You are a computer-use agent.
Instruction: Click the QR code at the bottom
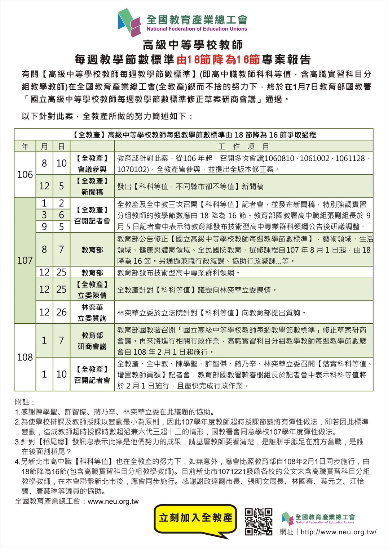[x=259, y=522]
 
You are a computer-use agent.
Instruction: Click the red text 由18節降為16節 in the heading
[x=218, y=59]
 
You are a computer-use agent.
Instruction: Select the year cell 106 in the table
[x=25, y=175]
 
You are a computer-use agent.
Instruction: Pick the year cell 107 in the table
[x=25, y=260]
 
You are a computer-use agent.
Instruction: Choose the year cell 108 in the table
[x=25, y=357]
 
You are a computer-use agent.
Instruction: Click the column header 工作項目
[x=243, y=147]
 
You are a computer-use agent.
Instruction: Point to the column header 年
[x=25, y=147]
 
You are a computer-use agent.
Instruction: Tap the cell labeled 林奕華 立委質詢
[x=92, y=313]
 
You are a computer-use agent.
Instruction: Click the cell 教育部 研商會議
[x=92, y=341]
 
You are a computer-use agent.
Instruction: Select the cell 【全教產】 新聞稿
[x=92, y=186]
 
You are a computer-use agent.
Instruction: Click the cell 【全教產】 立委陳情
[x=92, y=290]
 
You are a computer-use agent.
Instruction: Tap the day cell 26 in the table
[x=61, y=312]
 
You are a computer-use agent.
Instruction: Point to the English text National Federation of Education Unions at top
[x=197, y=29]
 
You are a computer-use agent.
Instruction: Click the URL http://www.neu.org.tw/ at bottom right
[x=338, y=532]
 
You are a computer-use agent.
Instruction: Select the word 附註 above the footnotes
[x=25, y=402]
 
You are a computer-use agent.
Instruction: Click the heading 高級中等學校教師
[x=193, y=45]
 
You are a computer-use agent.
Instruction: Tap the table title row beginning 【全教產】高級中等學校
[x=194, y=135]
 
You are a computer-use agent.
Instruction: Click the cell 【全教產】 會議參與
[x=92, y=163]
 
